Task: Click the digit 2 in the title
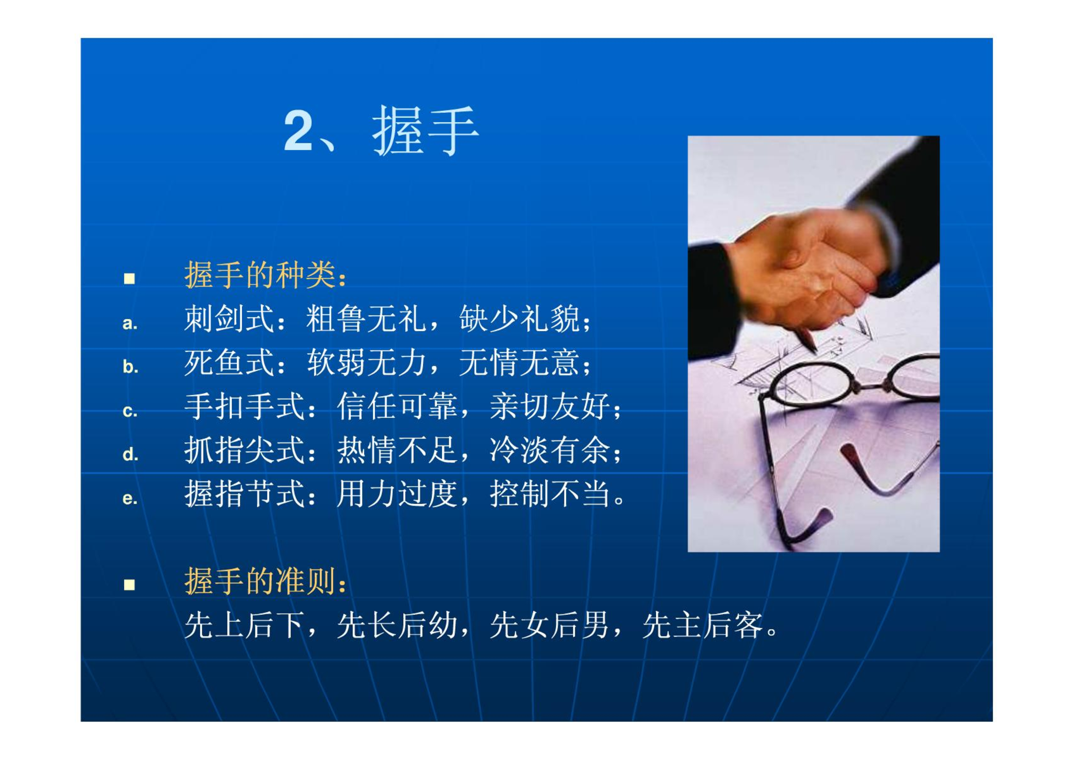click(299, 130)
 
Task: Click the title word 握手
click(425, 131)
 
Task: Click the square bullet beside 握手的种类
click(129, 278)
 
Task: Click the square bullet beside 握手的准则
click(129, 585)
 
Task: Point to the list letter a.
click(130, 324)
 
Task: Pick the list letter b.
click(130, 367)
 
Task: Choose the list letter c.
click(130, 411)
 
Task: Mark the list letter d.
click(130, 454)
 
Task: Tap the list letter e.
click(130, 498)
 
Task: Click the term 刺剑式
click(229, 318)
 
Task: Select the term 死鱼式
click(229, 362)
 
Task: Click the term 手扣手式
click(245, 406)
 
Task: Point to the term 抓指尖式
click(245, 450)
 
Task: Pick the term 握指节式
click(245, 493)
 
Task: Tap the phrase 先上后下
click(245, 625)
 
